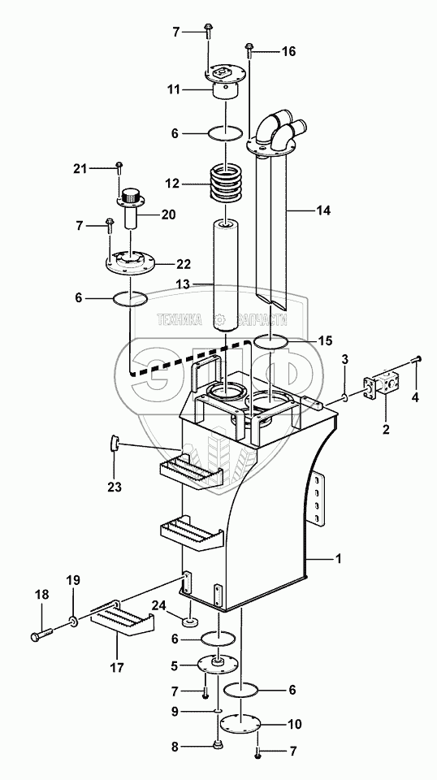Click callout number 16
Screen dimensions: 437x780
(x=288, y=51)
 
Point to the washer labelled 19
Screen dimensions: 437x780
(x=74, y=622)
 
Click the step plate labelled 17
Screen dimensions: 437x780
(x=123, y=617)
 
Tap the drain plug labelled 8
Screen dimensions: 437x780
(x=217, y=745)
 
